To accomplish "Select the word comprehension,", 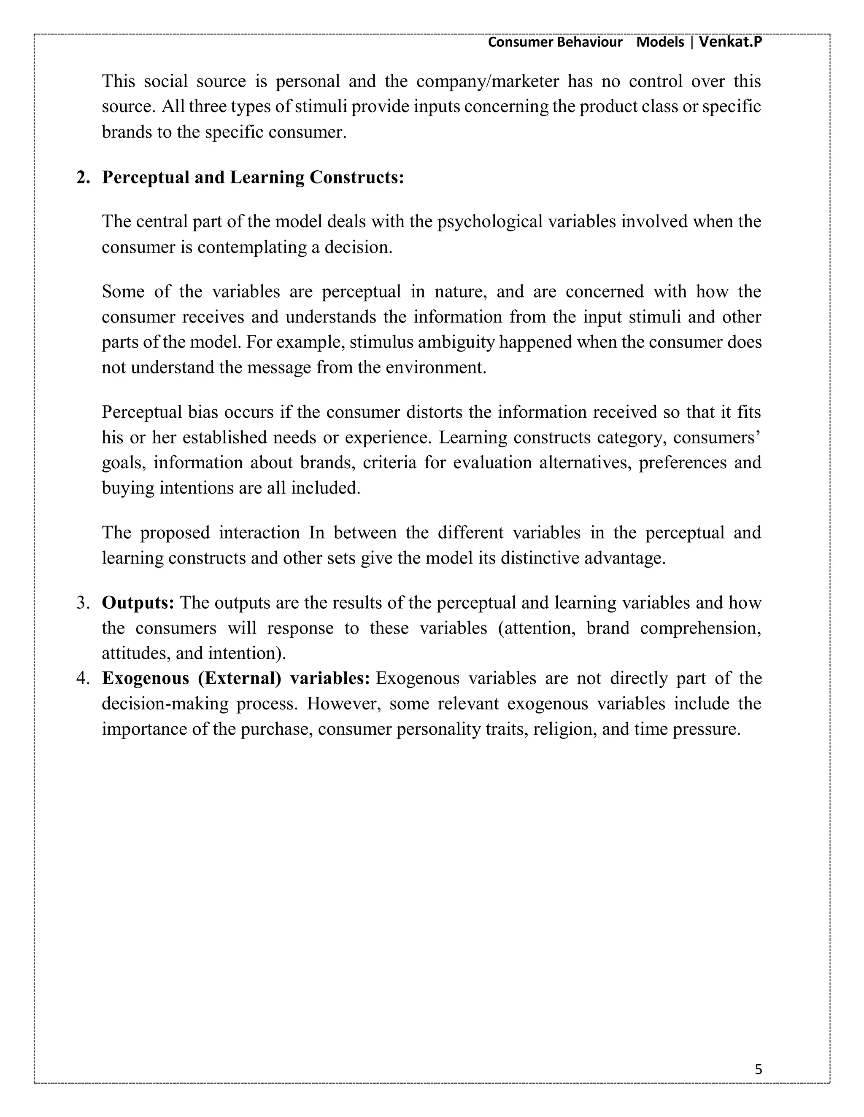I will [x=701, y=628].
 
